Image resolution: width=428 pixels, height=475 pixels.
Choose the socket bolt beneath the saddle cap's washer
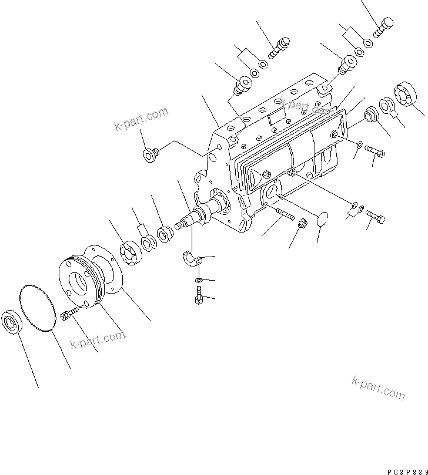pos(198,297)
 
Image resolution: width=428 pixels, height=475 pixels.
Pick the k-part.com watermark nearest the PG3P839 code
pos(378,387)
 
